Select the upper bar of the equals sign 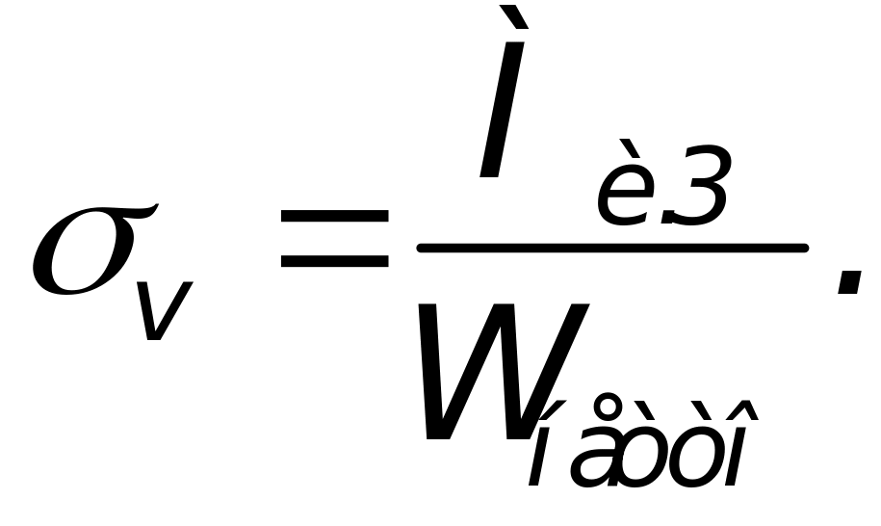tap(332, 223)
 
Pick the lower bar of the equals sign tap(332, 262)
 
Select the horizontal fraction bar tap(611, 249)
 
